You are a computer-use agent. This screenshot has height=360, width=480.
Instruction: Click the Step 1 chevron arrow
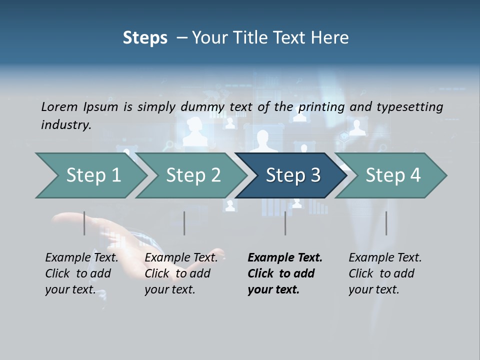pyautogui.click(x=93, y=175)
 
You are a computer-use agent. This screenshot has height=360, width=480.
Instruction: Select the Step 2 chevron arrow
pyautogui.click(x=193, y=175)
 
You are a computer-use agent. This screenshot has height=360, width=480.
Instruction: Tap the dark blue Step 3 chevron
pyautogui.click(x=293, y=175)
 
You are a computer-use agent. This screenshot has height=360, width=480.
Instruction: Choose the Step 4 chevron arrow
pyautogui.click(x=393, y=175)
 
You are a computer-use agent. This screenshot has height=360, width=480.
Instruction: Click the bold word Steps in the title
pyautogui.click(x=145, y=38)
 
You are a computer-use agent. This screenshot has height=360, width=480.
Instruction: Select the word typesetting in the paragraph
pyautogui.click(x=408, y=107)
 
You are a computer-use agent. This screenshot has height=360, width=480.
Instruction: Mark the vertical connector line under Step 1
pyautogui.click(x=84, y=223)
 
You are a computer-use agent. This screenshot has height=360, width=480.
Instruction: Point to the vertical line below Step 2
pyautogui.click(x=184, y=223)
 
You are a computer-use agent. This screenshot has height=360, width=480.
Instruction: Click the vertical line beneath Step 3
pyautogui.click(x=285, y=223)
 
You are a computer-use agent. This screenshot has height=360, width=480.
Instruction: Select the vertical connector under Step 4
pyautogui.click(x=386, y=223)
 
